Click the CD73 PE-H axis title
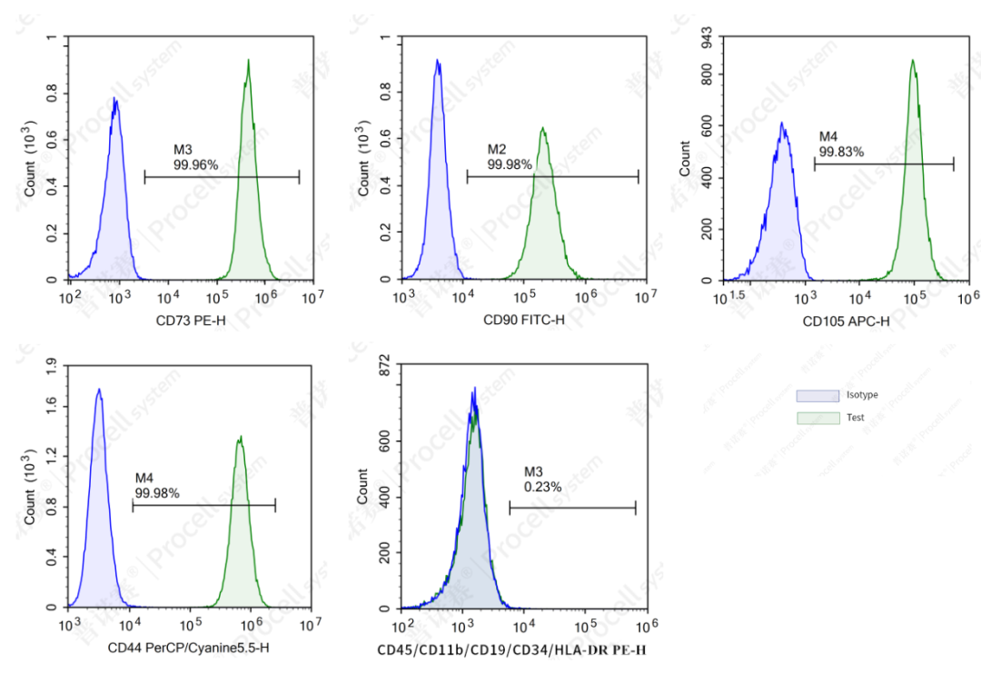pos(191,320)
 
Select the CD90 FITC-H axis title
pos(523,320)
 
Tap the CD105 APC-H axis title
pos(847,320)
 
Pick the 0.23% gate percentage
pos(543,487)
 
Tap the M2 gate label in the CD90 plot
pos(497,149)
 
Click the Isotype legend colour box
pos(817,395)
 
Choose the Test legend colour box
pos(817,418)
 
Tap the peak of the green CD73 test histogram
pos(248,61)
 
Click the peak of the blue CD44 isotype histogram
pos(98,390)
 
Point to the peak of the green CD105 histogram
pos(913,61)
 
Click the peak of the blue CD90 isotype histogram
pos(437,61)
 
